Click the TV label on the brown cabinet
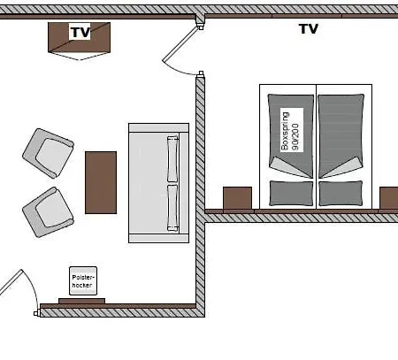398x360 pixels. (x=80, y=32)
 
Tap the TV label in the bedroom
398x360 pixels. (x=309, y=29)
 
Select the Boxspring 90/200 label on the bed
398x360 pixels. (x=291, y=130)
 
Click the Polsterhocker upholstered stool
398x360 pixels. (x=83, y=280)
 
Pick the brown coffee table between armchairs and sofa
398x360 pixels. (x=101, y=182)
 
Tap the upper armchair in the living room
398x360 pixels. (x=49, y=153)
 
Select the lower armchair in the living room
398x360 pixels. (x=48, y=212)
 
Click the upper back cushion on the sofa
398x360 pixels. (x=172, y=159)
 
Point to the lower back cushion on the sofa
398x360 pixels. (x=172, y=208)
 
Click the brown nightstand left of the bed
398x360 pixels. (x=238, y=198)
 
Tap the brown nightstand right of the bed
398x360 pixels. (x=389, y=198)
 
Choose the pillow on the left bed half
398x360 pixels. (x=291, y=193)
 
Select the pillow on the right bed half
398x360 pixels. (x=341, y=193)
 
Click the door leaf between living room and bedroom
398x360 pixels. (x=180, y=44)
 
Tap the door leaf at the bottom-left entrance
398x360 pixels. (x=11, y=282)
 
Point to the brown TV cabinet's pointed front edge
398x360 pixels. (x=80, y=57)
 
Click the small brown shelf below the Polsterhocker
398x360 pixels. (x=81, y=301)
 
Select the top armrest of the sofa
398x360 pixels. (x=158, y=127)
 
